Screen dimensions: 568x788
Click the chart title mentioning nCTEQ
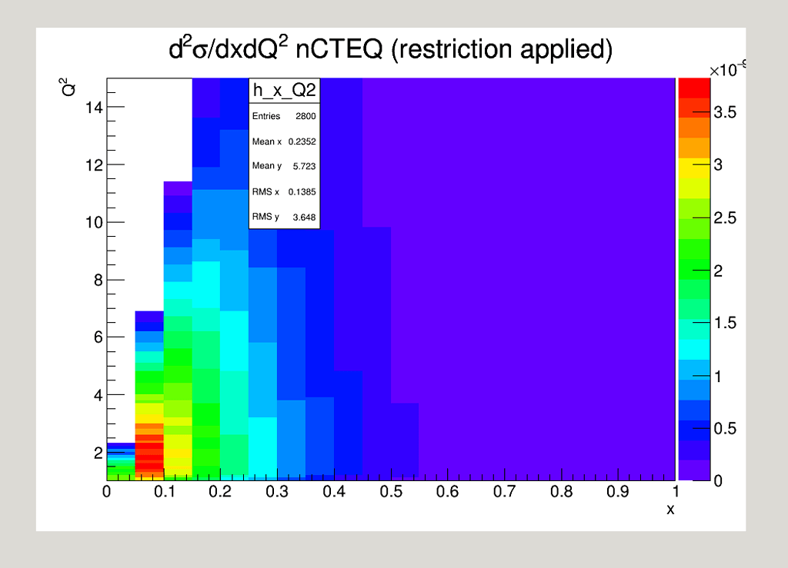coord(390,50)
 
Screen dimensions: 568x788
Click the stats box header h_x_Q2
coord(284,91)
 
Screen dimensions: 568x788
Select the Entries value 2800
coord(305,116)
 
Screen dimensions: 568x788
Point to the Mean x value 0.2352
coord(302,141)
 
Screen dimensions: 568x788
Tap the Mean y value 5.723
coord(304,166)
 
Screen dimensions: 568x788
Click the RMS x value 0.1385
coord(302,191)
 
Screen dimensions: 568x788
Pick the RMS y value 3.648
coord(304,217)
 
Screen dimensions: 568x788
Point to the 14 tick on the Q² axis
coord(93,108)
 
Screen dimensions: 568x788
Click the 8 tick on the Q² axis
coord(98,280)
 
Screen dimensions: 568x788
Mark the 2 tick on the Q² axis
coord(98,453)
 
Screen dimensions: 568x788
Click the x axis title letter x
coord(669,509)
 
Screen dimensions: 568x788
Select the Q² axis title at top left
coord(68,87)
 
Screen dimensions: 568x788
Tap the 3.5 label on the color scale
coord(725,113)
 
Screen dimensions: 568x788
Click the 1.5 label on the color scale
coord(725,323)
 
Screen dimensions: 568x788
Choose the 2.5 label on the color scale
coord(725,218)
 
